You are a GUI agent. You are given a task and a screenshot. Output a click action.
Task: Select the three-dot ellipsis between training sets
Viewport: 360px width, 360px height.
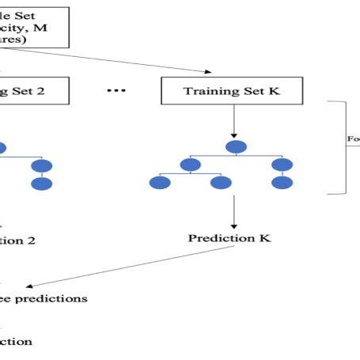(x=117, y=90)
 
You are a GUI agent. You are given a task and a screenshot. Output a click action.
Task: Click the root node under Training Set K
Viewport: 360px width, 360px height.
(x=235, y=147)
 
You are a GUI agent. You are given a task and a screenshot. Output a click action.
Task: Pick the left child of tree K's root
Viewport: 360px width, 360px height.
(x=189, y=165)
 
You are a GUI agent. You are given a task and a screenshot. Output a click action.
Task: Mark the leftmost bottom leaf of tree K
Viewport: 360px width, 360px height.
(x=160, y=183)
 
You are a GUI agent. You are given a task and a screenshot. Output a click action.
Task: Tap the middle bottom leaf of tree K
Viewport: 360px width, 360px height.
(x=221, y=183)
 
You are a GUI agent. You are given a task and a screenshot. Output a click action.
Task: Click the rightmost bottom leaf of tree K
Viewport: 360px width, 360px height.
(x=282, y=183)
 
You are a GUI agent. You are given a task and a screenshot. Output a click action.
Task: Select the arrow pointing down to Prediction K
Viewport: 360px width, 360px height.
(x=234, y=212)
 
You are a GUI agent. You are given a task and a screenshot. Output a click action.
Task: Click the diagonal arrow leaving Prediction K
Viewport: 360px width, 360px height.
(x=119, y=270)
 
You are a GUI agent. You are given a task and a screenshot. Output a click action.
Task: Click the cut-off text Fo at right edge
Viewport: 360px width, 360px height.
(x=353, y=139)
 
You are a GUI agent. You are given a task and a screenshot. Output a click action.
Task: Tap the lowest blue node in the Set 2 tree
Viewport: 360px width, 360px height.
(x=41, y=184)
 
